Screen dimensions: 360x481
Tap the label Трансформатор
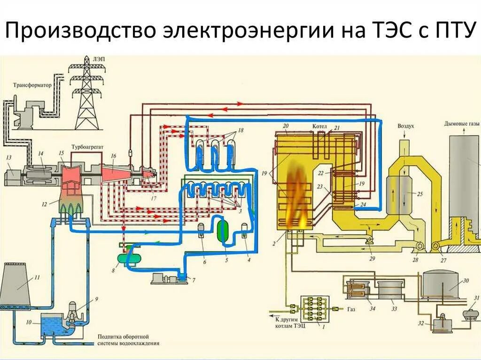point(32,86)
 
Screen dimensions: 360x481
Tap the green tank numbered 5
point(223,230)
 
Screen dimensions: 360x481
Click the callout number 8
point(113,270)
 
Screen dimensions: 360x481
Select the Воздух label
point(406,126)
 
